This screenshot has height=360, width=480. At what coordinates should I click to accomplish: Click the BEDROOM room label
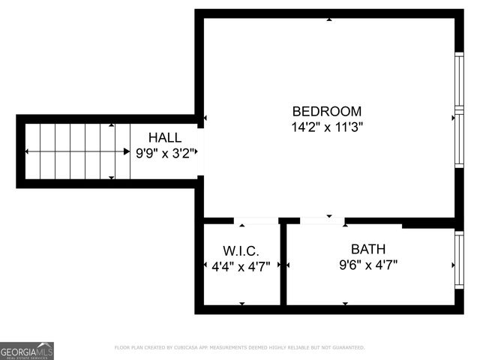pos(326,111)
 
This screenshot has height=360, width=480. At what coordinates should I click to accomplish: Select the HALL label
pos(164,137)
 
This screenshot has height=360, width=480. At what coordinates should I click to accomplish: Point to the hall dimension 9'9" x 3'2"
pos(165,153)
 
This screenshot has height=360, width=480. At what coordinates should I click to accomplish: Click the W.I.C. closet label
pos(241,250)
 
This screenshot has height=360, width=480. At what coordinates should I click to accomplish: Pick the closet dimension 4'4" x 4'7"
pos(241,265)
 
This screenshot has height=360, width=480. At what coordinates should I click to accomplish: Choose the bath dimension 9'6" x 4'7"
pos(368,265)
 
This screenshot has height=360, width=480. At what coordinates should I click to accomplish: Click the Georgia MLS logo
pos(27,351)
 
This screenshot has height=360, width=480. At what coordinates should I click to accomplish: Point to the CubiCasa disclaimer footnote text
pos(239,348)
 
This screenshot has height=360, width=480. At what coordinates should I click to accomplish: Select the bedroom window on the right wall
pos(459,112)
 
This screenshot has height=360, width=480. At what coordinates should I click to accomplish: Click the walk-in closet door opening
pos(256,221)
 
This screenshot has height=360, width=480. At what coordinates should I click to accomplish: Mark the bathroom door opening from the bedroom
pos(322,220)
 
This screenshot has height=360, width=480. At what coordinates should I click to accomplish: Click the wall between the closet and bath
pos(283,264)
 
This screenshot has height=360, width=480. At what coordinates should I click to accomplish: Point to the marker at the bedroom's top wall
pos(329,19)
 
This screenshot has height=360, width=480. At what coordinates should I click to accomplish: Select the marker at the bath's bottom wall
pos(345,304)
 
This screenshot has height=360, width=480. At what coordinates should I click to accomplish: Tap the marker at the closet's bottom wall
pos(241,304)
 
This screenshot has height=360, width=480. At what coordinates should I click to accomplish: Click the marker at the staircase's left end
pos(28,151)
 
